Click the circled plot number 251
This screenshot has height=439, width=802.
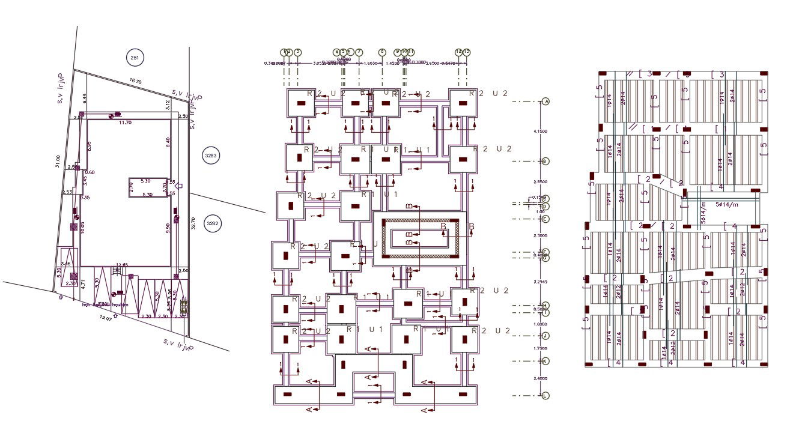point(135,58)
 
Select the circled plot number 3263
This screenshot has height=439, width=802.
point(211,156)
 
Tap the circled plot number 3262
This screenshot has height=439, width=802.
point(213,223)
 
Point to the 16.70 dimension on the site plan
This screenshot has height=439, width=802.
point(136,81)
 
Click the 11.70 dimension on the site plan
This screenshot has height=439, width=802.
point(125,123)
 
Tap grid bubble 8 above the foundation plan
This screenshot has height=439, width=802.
point(382,52)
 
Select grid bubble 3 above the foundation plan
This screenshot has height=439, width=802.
point(297,52)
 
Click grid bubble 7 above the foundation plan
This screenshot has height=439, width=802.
point(359,52)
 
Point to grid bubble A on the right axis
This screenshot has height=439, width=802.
point(545,101)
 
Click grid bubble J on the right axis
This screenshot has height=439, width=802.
point(545,336)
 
